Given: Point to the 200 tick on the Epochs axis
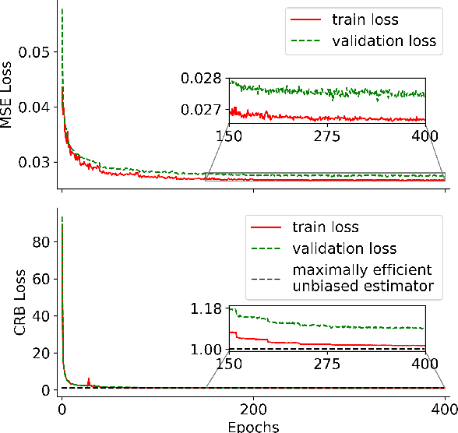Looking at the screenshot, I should coord(252,409).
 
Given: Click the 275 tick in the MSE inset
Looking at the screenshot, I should coord(327,136).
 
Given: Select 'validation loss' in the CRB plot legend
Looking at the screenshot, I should coord(344,249).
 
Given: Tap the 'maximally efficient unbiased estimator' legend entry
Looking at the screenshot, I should coord(361,278).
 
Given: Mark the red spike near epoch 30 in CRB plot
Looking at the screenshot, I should coord(89,380).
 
